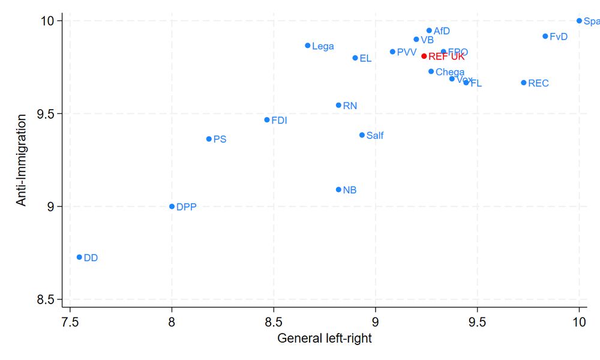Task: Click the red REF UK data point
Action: point(424,56)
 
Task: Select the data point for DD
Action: point(79,257)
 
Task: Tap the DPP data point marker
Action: point(172,206)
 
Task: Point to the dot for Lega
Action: point(308,46)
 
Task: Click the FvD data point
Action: point(545,36)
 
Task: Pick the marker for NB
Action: point(338,190)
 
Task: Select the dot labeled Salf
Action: point(362,135)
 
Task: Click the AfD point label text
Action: point(442,31)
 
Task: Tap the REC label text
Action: point(538,83)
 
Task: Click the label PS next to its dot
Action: point(220,139)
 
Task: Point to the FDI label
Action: point(279,120)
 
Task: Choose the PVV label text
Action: point(407,52)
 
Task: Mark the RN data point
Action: point(338,105)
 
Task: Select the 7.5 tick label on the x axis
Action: point(70,322)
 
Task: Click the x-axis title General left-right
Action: point(325,339)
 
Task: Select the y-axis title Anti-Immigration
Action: point(22,160)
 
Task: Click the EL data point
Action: point(355,58)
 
